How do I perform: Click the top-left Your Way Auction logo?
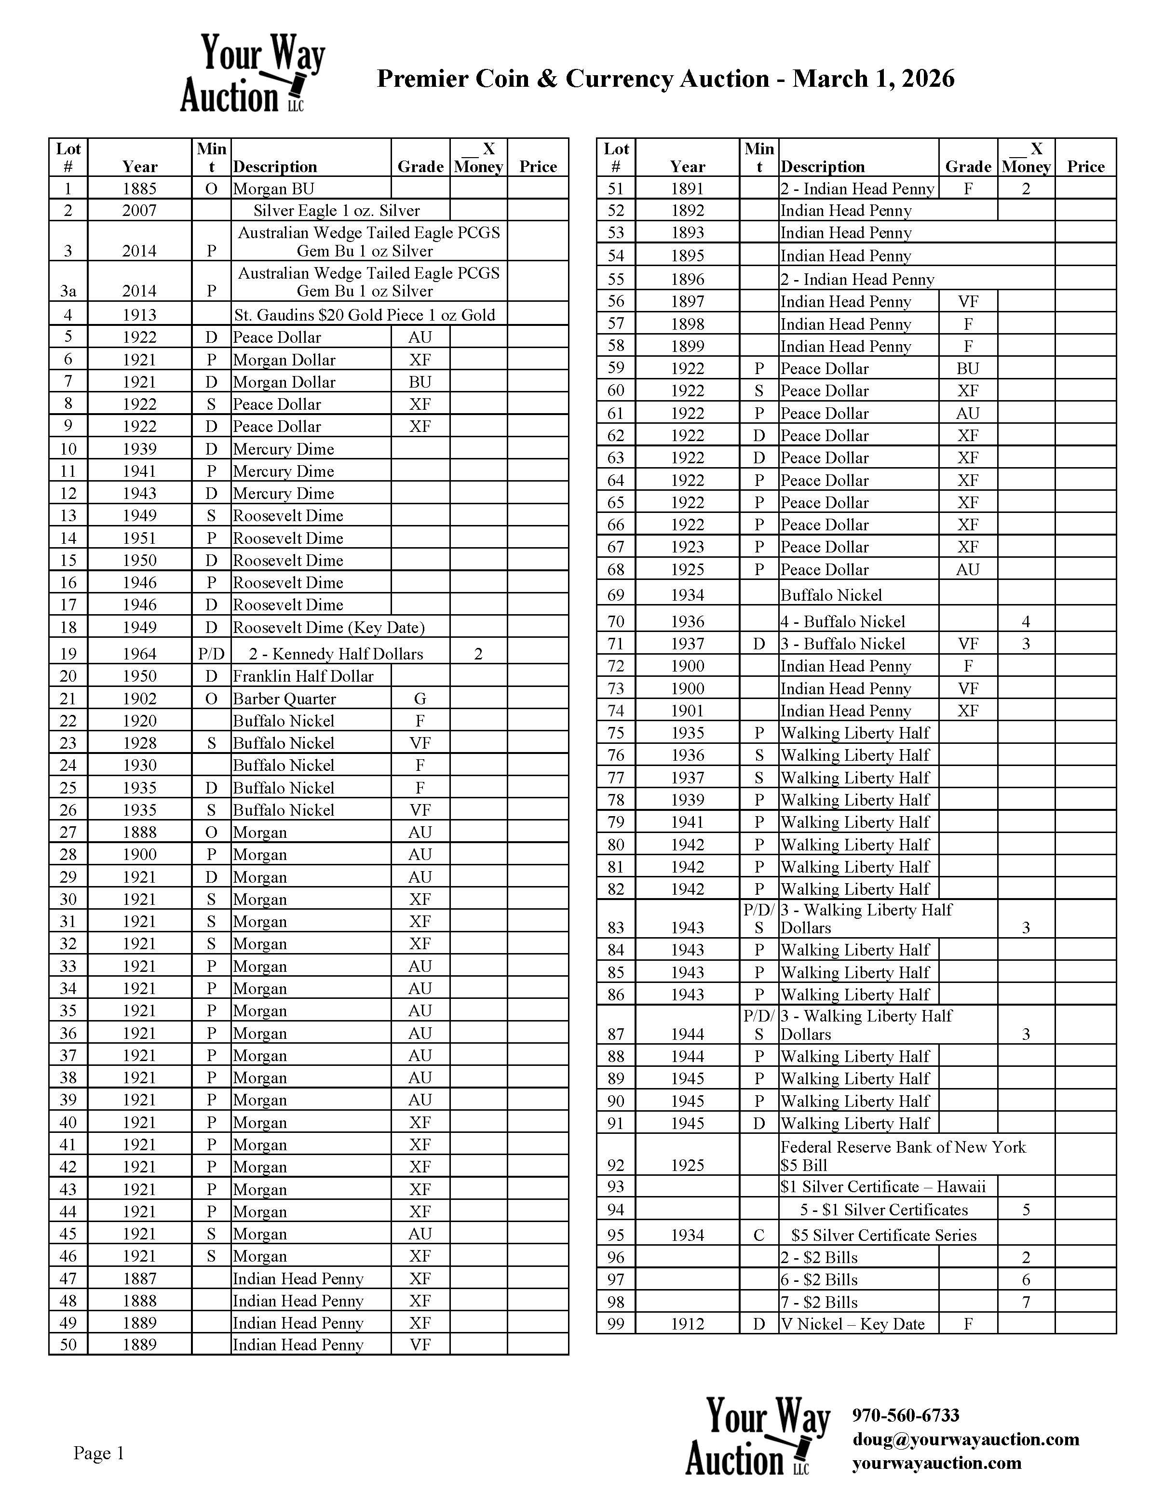252,73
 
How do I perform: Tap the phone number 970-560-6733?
906,1415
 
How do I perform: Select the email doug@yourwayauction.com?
965,1439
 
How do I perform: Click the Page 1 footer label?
99,1453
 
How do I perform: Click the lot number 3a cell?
68,290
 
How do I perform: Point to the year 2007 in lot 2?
139,210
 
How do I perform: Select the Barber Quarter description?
284,699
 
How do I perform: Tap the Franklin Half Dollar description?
303,676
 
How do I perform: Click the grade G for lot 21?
420,699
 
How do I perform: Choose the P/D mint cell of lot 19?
211,654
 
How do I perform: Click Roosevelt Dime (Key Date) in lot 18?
328,627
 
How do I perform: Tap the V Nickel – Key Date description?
853,1323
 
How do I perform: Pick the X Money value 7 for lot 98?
1026,1302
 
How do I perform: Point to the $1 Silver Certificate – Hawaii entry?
883,1186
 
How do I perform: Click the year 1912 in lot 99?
688,1323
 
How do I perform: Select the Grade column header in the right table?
967,166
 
